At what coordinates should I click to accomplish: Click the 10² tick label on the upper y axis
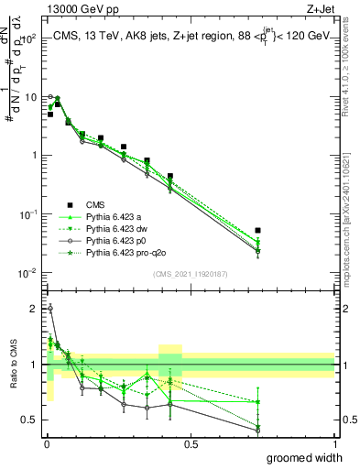pos(28,38)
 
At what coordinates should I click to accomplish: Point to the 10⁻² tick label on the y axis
pos(28,273)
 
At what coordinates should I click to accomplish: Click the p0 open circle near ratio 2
pos(49,309)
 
